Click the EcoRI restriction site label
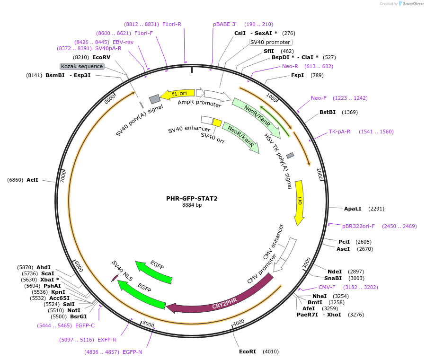[248, 351]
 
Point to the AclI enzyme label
[33, 180]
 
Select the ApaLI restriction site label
[353, 208]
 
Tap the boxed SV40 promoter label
[270, 42]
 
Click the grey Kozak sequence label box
[82, 66]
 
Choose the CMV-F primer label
[327, 287]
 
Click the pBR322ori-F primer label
[358, 226]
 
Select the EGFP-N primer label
[132, 352]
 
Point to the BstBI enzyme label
[328, 112]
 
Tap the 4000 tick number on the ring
[238, 322]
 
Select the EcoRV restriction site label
[101, 57]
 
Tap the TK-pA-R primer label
[339, 132]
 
